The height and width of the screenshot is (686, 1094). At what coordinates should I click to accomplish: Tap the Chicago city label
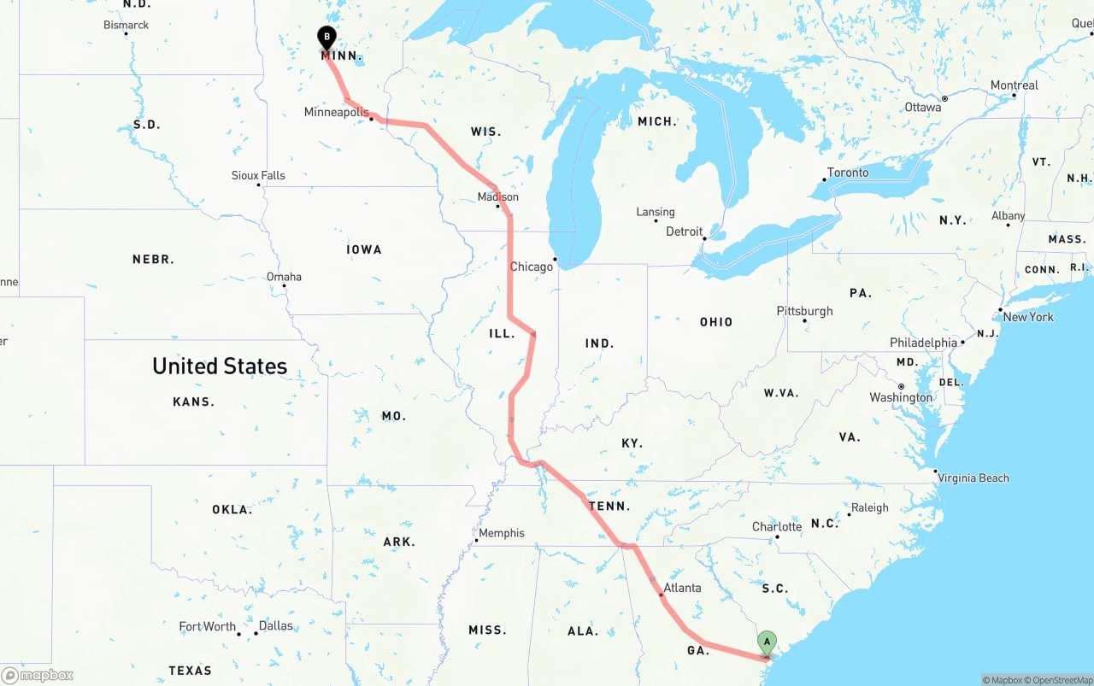pyautogui.click(x=532, y=267)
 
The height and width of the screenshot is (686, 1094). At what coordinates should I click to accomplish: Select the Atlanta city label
pyautogui.click(x=682, y=588)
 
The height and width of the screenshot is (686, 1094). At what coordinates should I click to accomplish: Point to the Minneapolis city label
pyautogui.click(x=336, y=113)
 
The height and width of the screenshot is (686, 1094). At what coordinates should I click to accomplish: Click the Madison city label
pyautogui.click(x=497, y=197)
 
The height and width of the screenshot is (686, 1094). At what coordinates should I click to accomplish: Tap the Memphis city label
pyautogui.click(x=502, y=533)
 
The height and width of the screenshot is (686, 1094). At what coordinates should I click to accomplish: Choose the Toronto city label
pyautogui.click(x=848, y=173)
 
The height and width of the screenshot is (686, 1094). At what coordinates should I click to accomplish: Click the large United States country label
pyautogui.click(x=220, y=366)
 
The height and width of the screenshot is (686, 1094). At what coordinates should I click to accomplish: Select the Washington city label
pyautogui.click(x=901, y=397)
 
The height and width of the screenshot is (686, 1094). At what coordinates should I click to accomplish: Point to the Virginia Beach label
pyautogui.click(x=973, y=478)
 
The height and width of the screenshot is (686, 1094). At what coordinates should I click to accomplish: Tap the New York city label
pyautogui.click(x=1028, y=317)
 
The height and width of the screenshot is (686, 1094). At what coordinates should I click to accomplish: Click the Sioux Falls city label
pyautogui.click(x=258, y=175)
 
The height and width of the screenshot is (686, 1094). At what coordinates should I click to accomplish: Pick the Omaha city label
pyautogui.click(x=284, y=277)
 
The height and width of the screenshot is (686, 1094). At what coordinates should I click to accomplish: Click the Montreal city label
pyautogui.click(x=1014, y=85)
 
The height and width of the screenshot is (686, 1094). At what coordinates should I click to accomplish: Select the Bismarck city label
pyautogui.click(x=126, y=25)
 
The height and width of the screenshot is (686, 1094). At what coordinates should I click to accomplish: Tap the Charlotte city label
pyautogui.click(x=777, y=526)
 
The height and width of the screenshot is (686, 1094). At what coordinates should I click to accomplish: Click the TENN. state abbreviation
pyautogui.click(x=609, y=506)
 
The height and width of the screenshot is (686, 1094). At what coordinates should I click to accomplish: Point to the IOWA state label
pyautogui.click(x=364, y=249)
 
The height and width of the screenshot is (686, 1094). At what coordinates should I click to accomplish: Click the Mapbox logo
pyautogui.click(x=38, y=675)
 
